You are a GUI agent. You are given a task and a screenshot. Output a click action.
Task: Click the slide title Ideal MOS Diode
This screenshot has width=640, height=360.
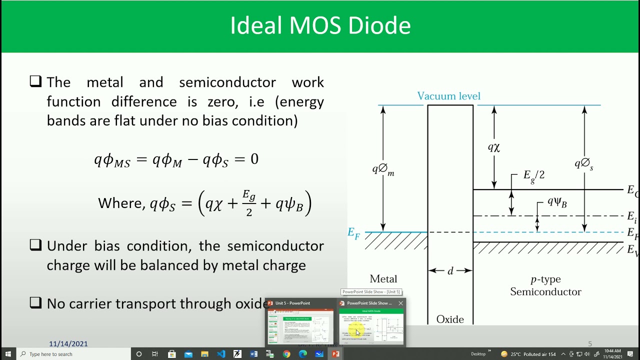[320, 26]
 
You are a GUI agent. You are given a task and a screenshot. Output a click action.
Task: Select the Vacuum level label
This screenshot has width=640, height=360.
[448, 96]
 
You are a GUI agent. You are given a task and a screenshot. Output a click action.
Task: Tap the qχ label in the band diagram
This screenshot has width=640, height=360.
[494, 147]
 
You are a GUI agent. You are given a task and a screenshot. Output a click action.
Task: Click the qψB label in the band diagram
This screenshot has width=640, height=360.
[556, 202]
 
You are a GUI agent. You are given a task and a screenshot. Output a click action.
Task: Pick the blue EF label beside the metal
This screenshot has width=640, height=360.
[354, 233]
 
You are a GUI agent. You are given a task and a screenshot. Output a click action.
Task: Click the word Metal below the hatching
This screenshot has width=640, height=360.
[383, 279]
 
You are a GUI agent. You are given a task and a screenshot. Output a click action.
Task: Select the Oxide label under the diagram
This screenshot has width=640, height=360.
[450, 319]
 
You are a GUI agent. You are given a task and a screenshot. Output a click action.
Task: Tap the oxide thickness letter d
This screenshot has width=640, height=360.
[450, 271]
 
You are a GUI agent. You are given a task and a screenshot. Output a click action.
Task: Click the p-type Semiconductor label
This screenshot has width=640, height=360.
[545, 285]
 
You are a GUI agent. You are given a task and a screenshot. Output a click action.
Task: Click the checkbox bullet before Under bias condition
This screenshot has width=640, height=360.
[35, 245]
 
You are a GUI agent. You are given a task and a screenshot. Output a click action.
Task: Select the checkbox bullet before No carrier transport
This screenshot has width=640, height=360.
[35, 302]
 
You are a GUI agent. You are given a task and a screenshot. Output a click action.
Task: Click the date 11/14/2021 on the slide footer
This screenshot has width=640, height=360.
[68, 343]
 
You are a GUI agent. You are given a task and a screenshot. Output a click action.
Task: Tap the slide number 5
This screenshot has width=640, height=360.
[590, 343]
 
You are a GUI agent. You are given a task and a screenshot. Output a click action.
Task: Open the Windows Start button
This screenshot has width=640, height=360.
[8, 354]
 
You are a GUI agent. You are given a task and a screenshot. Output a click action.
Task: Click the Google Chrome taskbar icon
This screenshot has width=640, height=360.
[286, 354]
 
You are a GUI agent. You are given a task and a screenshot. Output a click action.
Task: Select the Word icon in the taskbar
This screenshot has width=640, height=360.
[253, 354]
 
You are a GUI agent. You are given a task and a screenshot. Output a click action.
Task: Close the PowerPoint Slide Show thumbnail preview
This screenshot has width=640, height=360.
[400, 303]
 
